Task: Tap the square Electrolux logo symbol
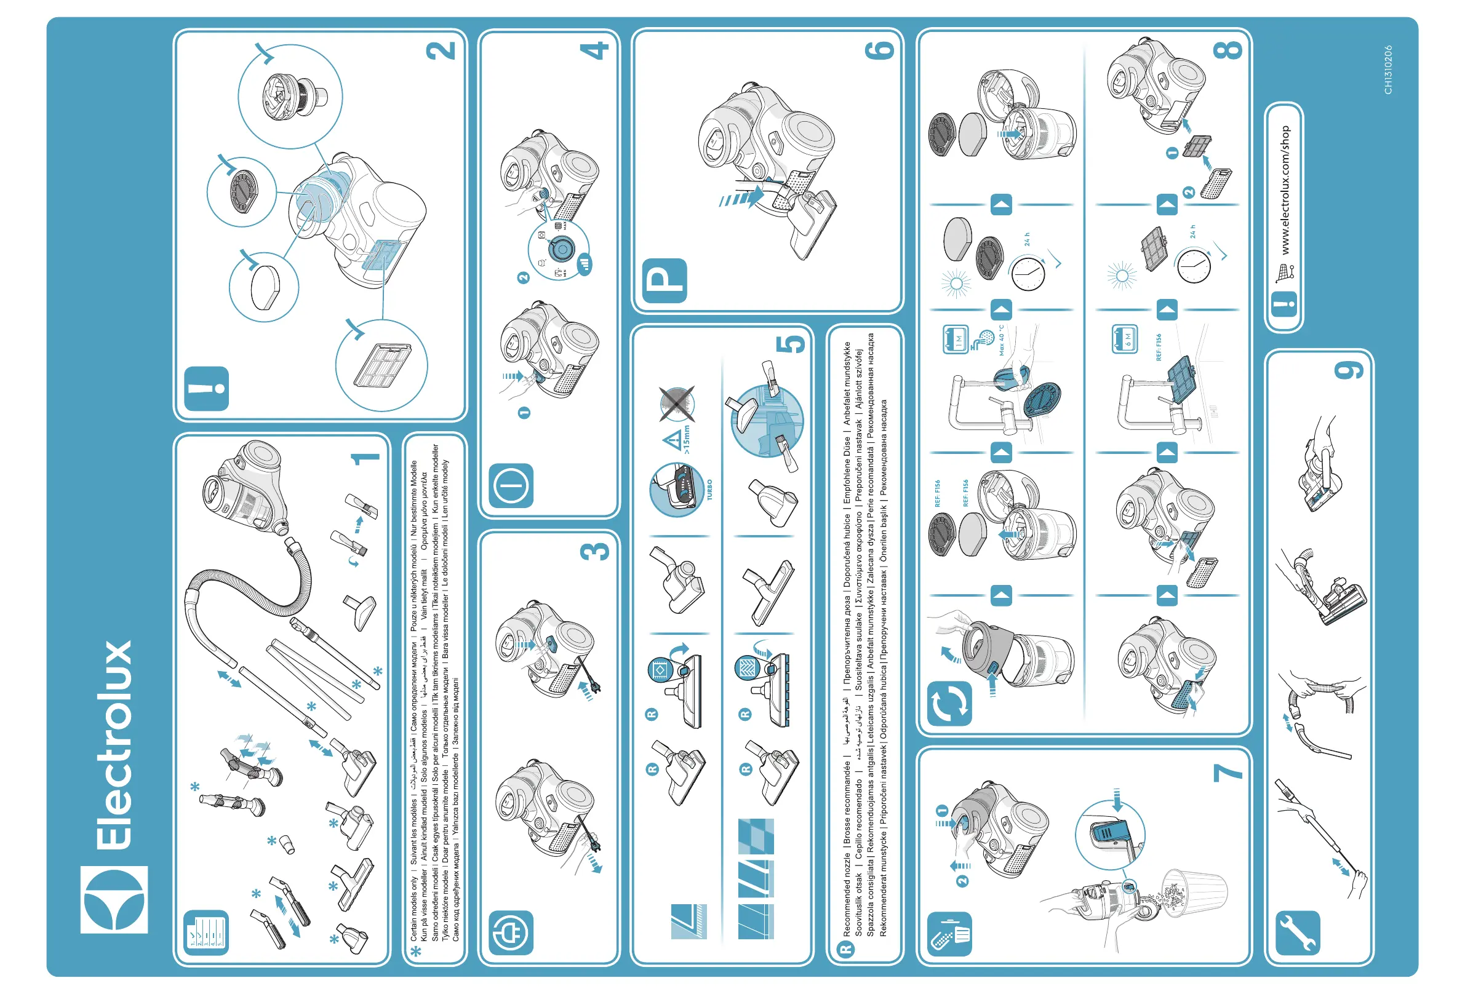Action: tap(114, 899)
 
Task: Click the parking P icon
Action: tap(665, 280)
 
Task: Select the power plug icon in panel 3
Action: tap(511, 932)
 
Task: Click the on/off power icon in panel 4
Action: tap(511, 485)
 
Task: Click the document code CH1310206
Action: tap(1387, 70)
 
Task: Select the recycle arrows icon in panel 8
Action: tap(949, 703)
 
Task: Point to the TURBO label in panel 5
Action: tap(710, 490)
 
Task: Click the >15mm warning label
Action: tap(686, 439)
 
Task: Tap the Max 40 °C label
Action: tap(1000, 340)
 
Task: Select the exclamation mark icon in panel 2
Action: tap(207, 388)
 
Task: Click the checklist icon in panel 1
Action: tap(206, 932)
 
